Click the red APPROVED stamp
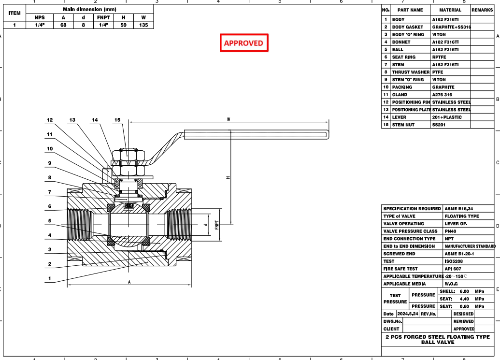(x=243, y=43)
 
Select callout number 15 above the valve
(x=117, y=119)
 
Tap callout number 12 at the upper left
(x=50, y=119)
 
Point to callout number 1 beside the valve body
(x=50, y=279)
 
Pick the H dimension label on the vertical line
(x=228, y=178)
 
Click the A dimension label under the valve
(x=129, y=282)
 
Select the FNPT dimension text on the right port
(x=217, y=225)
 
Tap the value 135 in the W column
(x=143, y=25)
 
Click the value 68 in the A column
(x=63, y=25)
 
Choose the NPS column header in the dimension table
(x=40, y=17)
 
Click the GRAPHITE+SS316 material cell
(x=451, y=27)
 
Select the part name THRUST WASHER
(x=411, y=72)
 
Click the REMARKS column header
(x=482, y=10)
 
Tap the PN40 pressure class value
(x=451, y=231)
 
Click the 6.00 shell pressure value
(x=464, y=291)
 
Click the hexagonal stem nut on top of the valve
(x=129, y=155)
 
